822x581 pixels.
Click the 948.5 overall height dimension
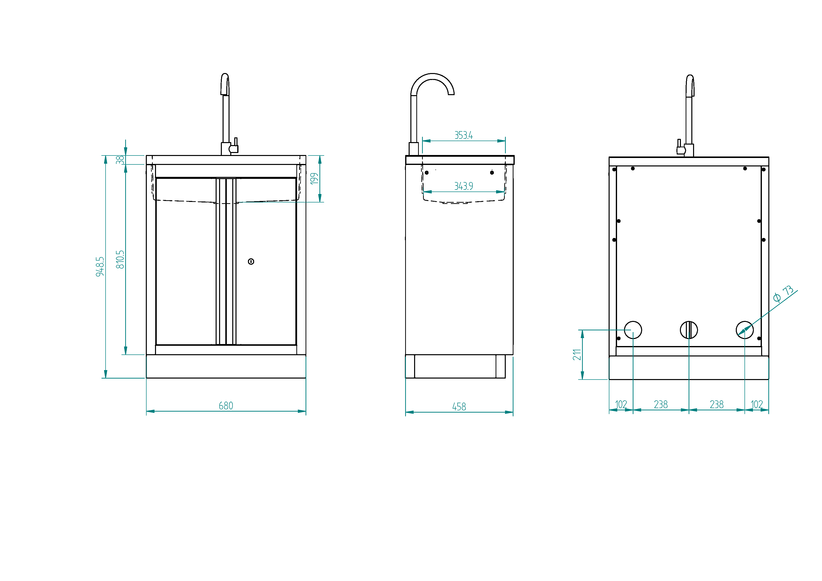coord(100,266)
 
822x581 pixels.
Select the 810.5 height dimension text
coord(120,260)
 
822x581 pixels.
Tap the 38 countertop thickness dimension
coord(120,160)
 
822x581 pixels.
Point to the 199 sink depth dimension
coord(314,179)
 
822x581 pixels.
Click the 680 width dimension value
coord(226,406)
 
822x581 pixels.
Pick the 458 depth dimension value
coord(459,407)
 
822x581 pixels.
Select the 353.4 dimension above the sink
coord(464,135)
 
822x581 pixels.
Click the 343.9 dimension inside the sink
coord(464,186)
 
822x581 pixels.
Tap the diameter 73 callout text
coord(783,294)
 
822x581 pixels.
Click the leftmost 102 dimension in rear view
coord(621,405)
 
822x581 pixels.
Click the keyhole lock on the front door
coord(251,262)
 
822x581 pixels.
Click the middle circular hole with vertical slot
coord(689,330)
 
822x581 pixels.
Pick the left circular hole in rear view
coord(633,330)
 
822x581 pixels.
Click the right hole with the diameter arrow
coord(745,330)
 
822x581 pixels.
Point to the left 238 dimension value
coord(661,405)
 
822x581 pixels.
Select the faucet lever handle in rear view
coord(679,147)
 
